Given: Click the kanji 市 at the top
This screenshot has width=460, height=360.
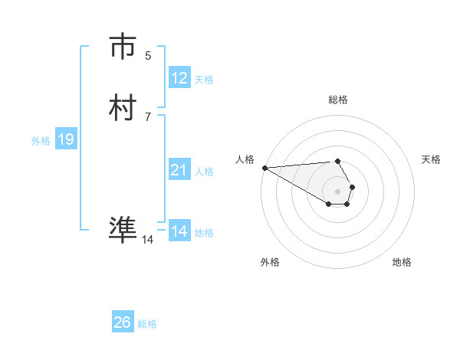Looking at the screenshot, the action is [x=123, y=47].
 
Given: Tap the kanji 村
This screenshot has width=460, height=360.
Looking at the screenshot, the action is [x=123, y=108].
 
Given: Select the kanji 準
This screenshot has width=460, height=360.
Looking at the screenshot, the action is [x=123, y=230].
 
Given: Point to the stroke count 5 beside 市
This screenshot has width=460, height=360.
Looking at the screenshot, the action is [x=148, y=56].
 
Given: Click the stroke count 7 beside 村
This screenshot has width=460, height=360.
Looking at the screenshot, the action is [x=148, y=116].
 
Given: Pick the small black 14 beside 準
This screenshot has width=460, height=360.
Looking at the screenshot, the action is [x=147, y=240].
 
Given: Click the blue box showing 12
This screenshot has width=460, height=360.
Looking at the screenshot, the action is [x=179, y=78].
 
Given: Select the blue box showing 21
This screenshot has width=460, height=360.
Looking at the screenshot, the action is [x=179, y=170].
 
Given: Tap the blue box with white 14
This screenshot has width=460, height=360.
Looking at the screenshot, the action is [x=179, y=231].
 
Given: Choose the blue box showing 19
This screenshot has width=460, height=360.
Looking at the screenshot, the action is [x=65, y=139].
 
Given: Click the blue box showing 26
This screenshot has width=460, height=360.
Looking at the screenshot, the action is [x=122, y=322].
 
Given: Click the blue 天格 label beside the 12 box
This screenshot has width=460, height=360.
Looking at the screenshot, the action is [x=203, y=80].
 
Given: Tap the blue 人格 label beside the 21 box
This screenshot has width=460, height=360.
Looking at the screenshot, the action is [x=204, y=172].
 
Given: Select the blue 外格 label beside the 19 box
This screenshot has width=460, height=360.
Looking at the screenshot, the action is [x=41, y=141].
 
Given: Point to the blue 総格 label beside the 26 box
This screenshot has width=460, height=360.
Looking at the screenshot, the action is [x=147, y=324].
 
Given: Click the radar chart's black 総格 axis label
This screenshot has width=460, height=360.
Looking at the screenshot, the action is [x=337, y=100].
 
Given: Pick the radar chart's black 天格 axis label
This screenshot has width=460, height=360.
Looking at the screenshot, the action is [x=431, y=159].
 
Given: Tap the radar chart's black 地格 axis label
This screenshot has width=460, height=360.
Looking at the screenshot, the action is [x=402, y=262].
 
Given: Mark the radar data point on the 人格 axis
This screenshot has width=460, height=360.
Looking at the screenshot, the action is [x=264, y=168].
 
